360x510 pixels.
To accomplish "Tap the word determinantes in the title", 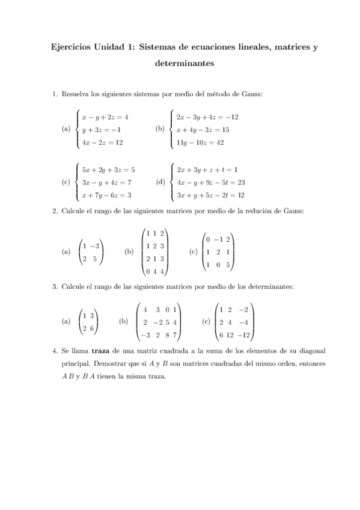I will tap(180, 63).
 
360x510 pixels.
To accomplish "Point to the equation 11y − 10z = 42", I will tap(200, 143).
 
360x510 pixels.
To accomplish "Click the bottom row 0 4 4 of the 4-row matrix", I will tap(155, 271).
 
